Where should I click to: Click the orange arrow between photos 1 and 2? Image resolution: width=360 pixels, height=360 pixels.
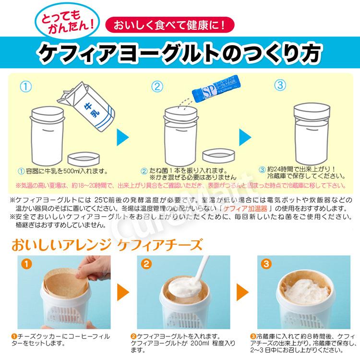(x=124, y=291)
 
